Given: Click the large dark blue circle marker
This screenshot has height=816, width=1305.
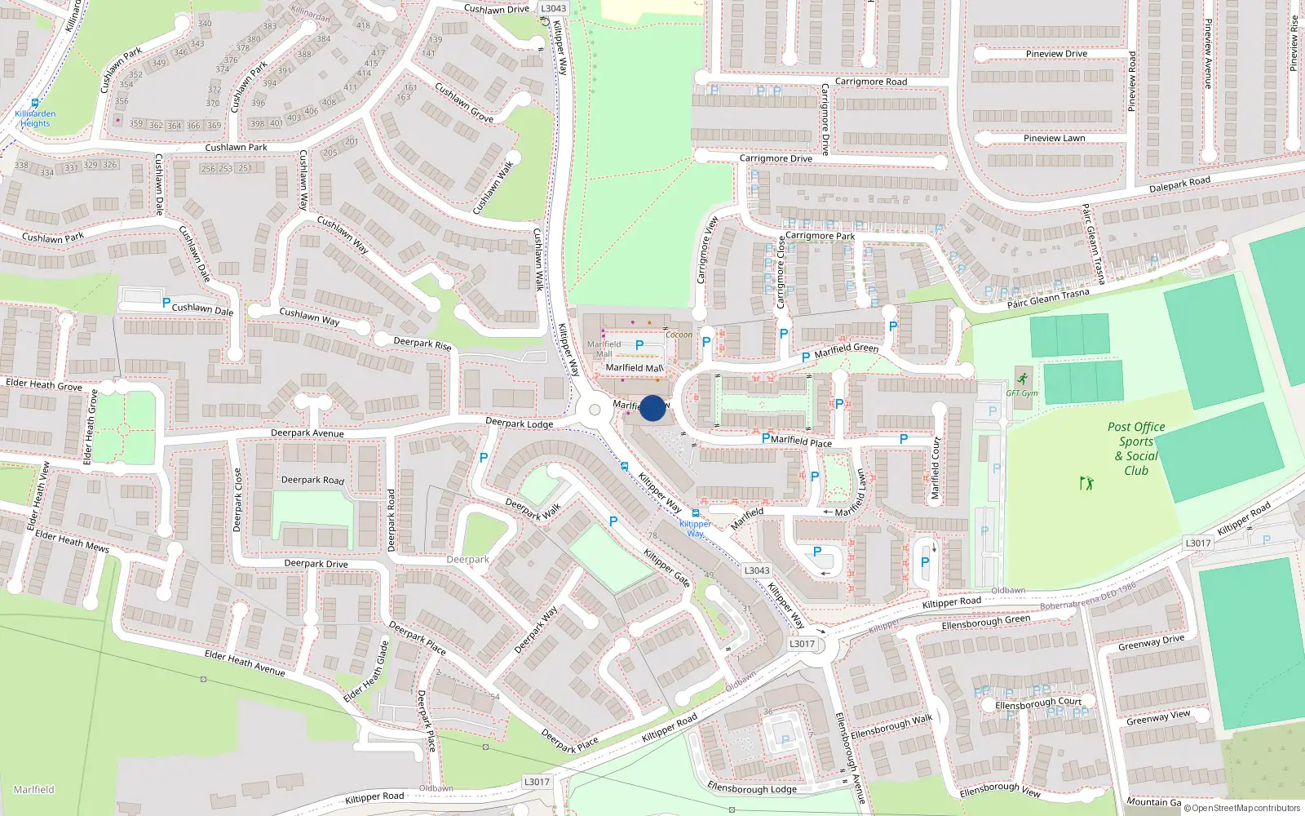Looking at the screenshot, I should (652, 408).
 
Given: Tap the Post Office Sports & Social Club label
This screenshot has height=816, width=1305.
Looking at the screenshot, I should (1136, 448).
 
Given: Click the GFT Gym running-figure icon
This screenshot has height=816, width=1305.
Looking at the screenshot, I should (1023, 379).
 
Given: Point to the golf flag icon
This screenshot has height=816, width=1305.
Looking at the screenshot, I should (1086, 483).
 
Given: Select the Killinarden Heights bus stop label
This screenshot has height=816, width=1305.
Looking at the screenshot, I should (35, 118).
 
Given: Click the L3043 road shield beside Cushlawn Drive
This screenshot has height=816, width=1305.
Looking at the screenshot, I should (553, 8).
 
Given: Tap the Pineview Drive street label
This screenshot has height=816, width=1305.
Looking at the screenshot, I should (1056, 54).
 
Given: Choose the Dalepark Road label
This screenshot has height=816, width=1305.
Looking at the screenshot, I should (1179, 184).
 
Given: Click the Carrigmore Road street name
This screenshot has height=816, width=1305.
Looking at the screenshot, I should (870, 82).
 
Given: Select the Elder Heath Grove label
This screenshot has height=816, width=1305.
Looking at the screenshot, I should (44, 384).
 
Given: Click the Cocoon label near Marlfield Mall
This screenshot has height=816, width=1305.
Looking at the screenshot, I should (679, 335).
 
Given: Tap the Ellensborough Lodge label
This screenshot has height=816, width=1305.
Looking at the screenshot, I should (752, 788).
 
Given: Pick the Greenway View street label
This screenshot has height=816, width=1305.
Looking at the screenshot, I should (1158, 717).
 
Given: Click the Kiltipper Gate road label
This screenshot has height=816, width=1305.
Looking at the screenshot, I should (666, 567).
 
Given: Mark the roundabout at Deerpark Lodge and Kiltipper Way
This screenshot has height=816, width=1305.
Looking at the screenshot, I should (595, 410).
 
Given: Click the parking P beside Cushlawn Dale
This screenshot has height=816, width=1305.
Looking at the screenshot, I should (166, 303).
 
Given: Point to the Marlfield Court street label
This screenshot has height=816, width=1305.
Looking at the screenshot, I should (936, 468).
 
